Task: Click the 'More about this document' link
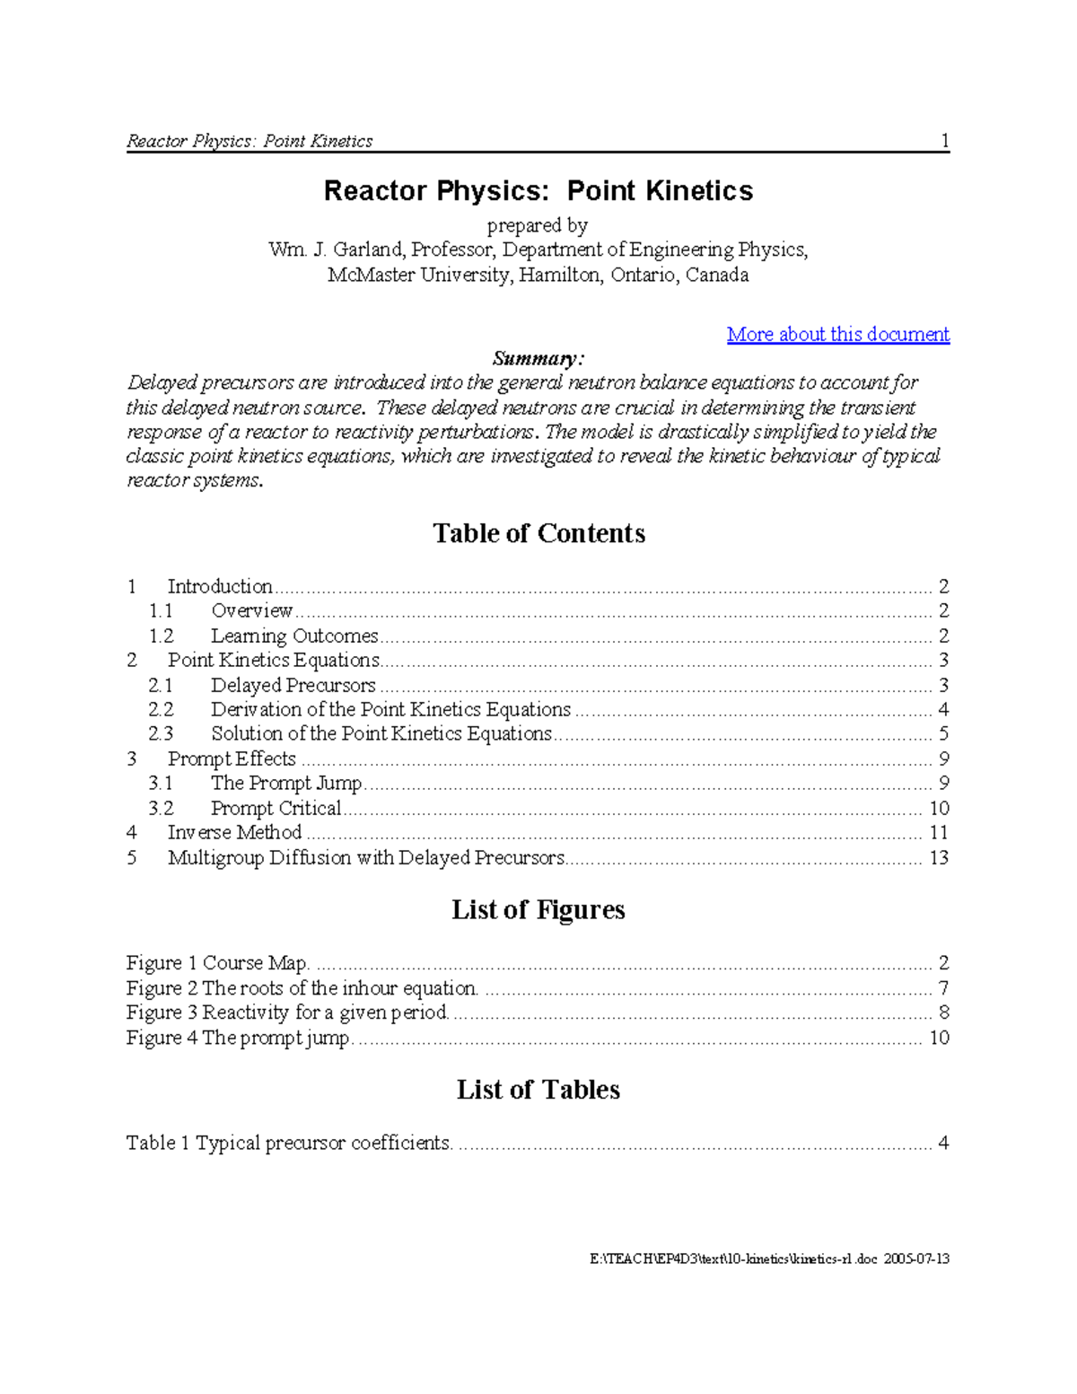pyautogui.click(x=837, y=334)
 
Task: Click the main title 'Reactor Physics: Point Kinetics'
pyautogui.click(x=538, y=190)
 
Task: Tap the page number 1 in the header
pyautogui.click(x=944, y=140)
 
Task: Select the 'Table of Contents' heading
pyautogui.click(x=538, y=533)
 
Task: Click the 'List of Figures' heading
pyautogui.click(x=538, y=909)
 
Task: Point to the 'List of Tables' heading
pyautogui.click(x=538, y=1089)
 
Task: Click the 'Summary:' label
pyautogui.click(x=538, y=358)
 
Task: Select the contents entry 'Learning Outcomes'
pyautogui.click(x=294, y=636)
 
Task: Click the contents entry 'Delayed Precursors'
pyautogui.click(x=293, y=685)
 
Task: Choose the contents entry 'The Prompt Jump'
pyautogui.click(x=286, y=783)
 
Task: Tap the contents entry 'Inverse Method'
pyautogui.click(x=234, y=832)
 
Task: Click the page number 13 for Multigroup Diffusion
pyautogui.click(x=939, y=857)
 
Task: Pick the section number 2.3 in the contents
pyautogui.click(x=161, y=733)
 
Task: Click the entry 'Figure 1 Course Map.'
pyautogui.click(x=218, y=963)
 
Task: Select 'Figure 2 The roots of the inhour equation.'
pyautogui.click(x=302, y=988)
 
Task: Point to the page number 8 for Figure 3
pyautogui.click(x=943, y=1013)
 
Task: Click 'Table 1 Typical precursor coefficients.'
pyautogui.click(x=290, y=1143)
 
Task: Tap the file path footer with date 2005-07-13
pyautogui.click(x=769, y=1258)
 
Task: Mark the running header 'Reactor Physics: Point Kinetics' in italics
pyautogui.click(x=250, y=141)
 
